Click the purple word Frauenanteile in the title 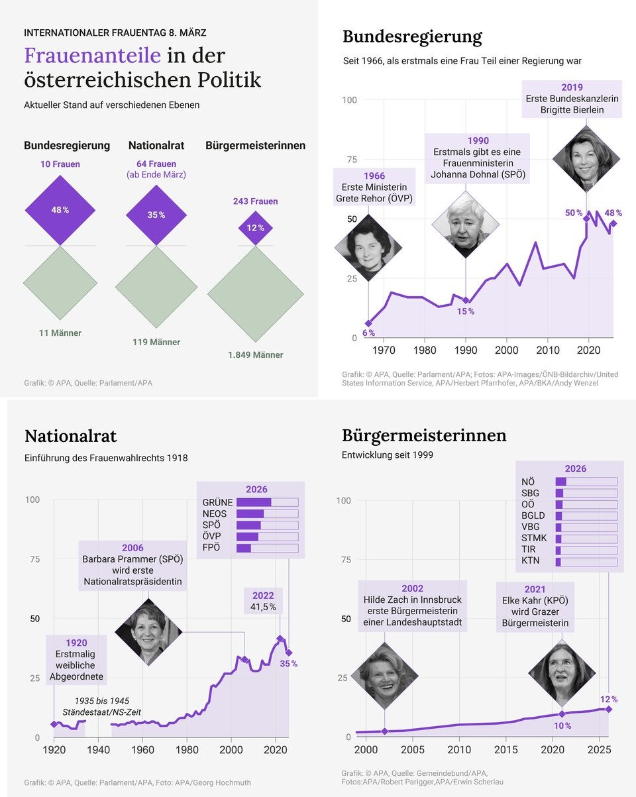[92, 56]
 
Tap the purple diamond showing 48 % [60, 210]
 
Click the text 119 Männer [156, 343]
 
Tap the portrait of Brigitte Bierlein [586, 159]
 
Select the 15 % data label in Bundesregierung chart [466, 311]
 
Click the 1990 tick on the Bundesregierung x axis [466, 350]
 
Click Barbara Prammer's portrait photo [148, 632]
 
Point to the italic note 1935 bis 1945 [101, 701]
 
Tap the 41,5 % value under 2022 [263, 607]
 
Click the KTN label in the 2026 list [531, 560]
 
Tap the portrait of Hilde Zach [384, 676]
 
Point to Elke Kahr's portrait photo [562, 673]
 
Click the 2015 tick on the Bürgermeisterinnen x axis [507, 750]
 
